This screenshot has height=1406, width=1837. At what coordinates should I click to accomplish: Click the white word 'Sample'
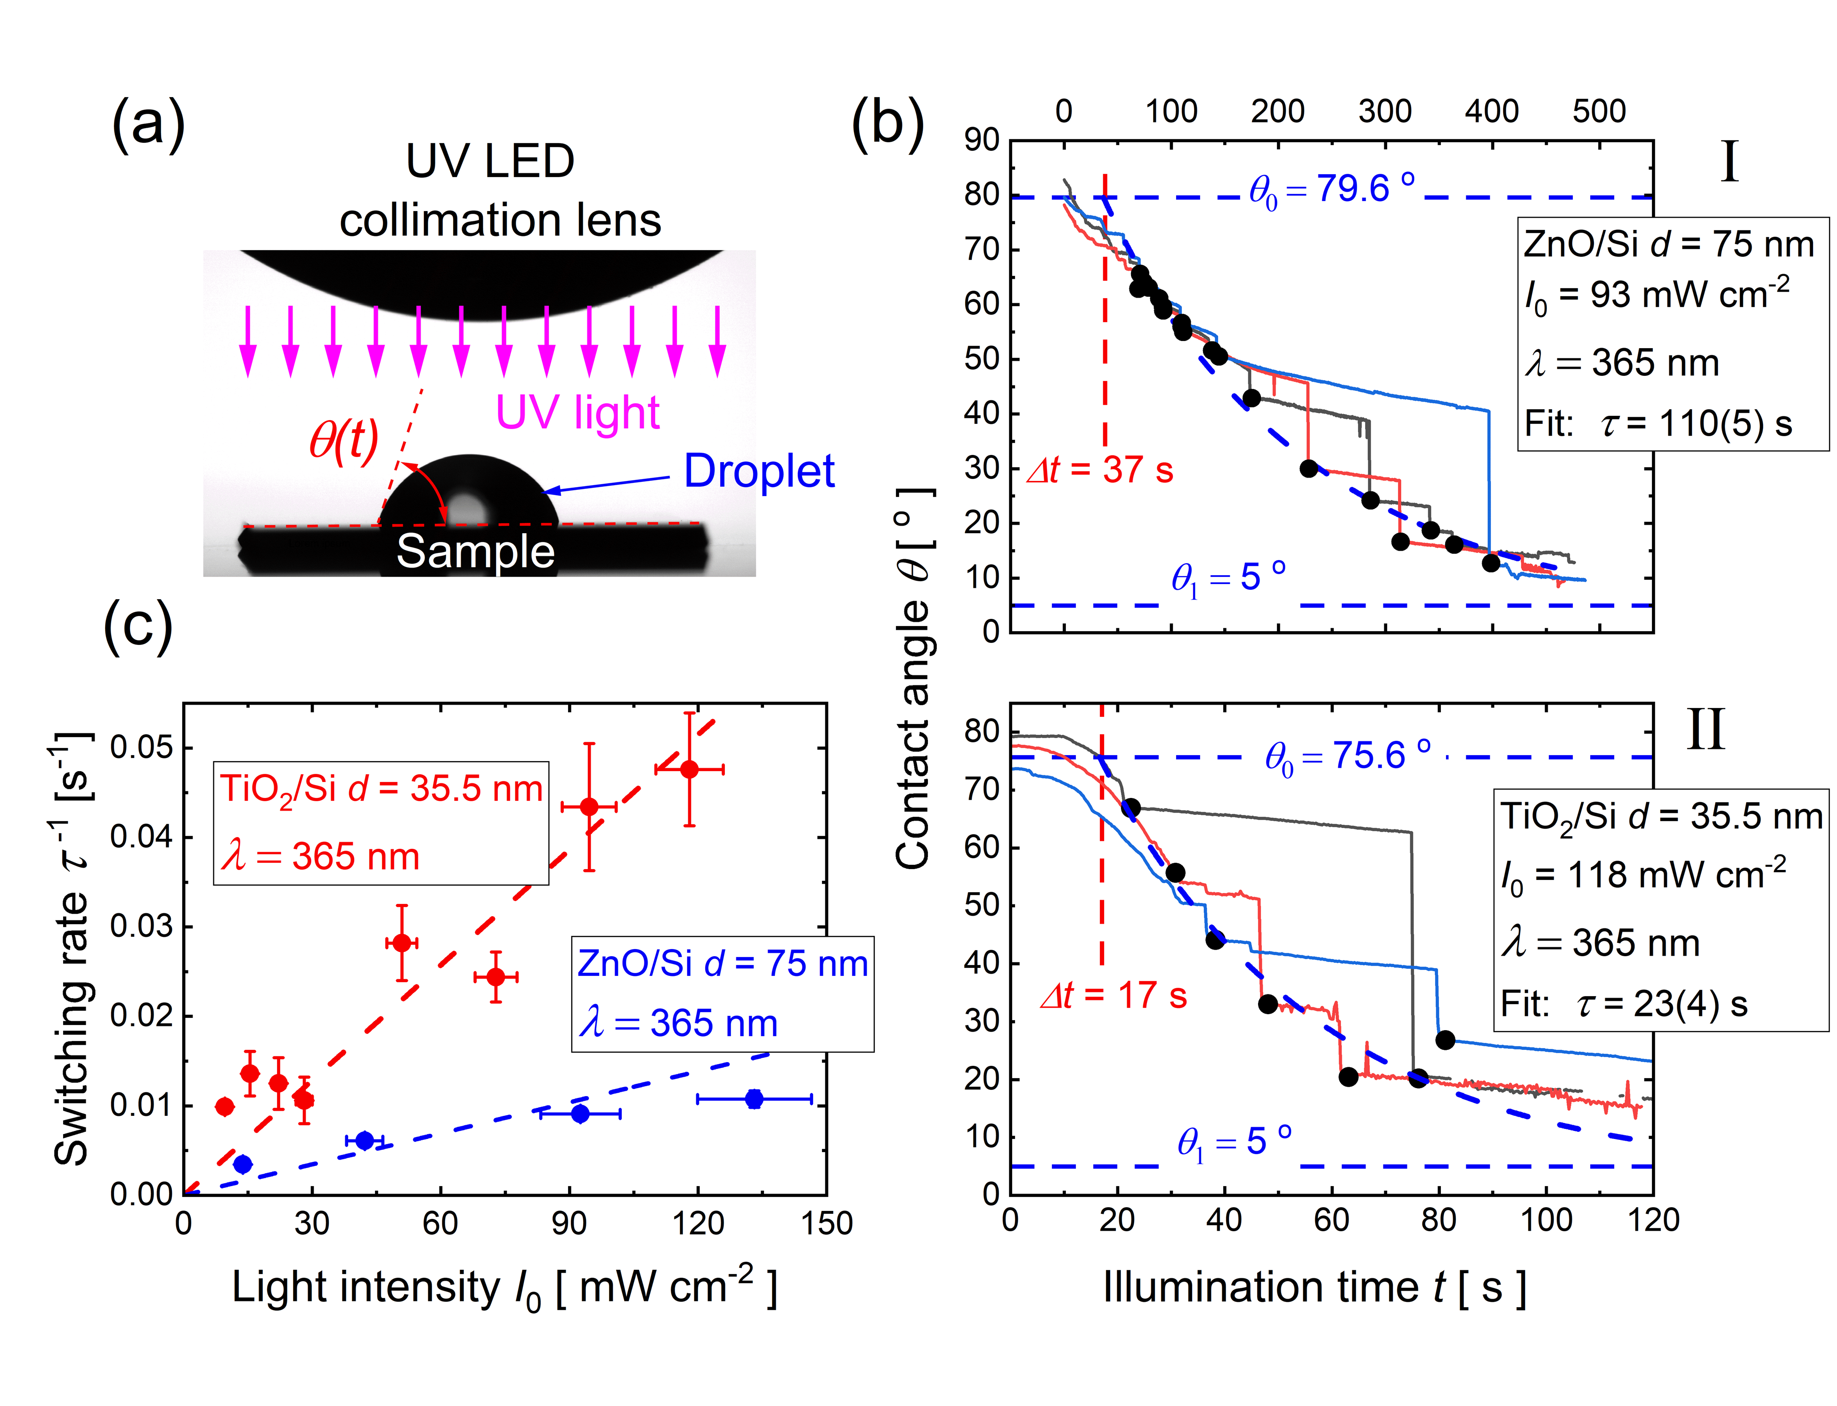pyautogui.click(x=475, y=552)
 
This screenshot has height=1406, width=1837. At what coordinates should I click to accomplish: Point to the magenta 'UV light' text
pyautogui.click(x=577, y=413)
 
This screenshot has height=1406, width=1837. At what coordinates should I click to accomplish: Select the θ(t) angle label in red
pyautogui.click(x=343, y=439)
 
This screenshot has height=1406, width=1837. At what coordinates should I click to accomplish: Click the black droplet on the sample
pyautogui.click(x=469, y=494)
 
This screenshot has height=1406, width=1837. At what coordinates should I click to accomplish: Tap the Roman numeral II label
pyautogui.click(x=1705, y=731)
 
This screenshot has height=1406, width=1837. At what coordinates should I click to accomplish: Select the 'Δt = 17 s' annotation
pyautogui.click(x=1113, y=996)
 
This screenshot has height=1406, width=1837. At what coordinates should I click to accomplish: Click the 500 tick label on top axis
pyautogui.click(x=1599, y=111)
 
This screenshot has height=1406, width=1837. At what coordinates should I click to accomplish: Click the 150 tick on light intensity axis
pyautogui.click(x=826, y=1224)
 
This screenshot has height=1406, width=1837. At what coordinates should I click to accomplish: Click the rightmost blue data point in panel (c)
pyautogui.click(x=754, y=1099)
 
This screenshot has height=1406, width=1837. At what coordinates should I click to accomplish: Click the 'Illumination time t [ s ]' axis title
pyautogui.click(x=1314, y=1289)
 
